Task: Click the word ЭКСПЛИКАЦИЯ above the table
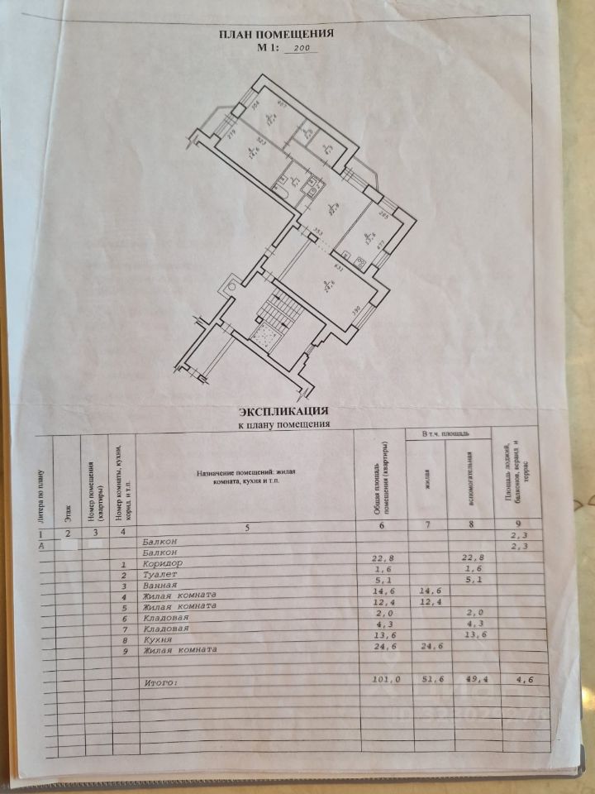coord(284,410)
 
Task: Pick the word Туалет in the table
coord(159,573)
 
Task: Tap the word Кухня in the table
coord(157,639)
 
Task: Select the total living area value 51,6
coord(426,679)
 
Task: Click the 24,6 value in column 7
coord(426,648)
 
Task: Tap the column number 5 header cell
coord(245,529)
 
